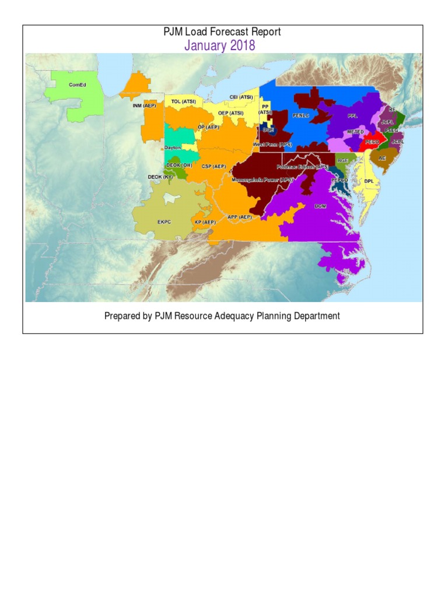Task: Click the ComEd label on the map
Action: click(x=77, y=85)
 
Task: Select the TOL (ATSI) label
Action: click(x=184, y=101)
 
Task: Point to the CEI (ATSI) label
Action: click(x=241, y=97)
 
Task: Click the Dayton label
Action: click(x=173, y=148)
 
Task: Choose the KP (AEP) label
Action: click(x=205, y=222)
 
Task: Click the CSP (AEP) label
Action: click(x=213, y=167)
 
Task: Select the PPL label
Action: click(x=352, y=116)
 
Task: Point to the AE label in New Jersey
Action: click(x=382, y=158)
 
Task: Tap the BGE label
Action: click(x=342, y=160)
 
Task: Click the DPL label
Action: click(x=369, y=181)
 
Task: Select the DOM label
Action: click(x=320, y=206)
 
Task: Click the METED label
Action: click(x=355, y=132)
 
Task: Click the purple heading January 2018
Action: click(x=220, y=45)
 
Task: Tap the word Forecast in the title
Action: click(x=223, y=31)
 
